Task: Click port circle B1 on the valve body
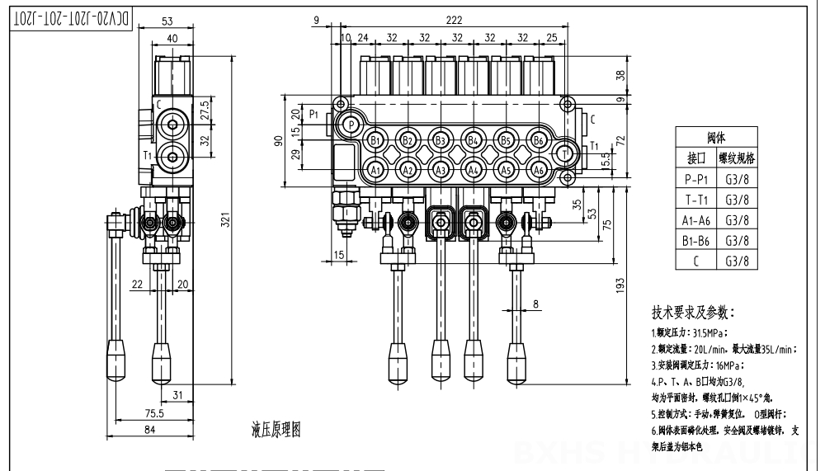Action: (x=375, y=139)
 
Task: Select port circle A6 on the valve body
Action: (x=539, y=170)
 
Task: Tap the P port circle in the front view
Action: (x=351, y=125)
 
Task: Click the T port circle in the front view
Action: (x=565, y=153)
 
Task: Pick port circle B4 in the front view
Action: (x=473, y=139)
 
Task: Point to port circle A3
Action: (x=441, y=170)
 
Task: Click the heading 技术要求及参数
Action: (x=692, y=313)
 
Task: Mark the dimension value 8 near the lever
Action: (x=536, y=304)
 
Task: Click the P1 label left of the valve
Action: (x=314, y=113)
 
